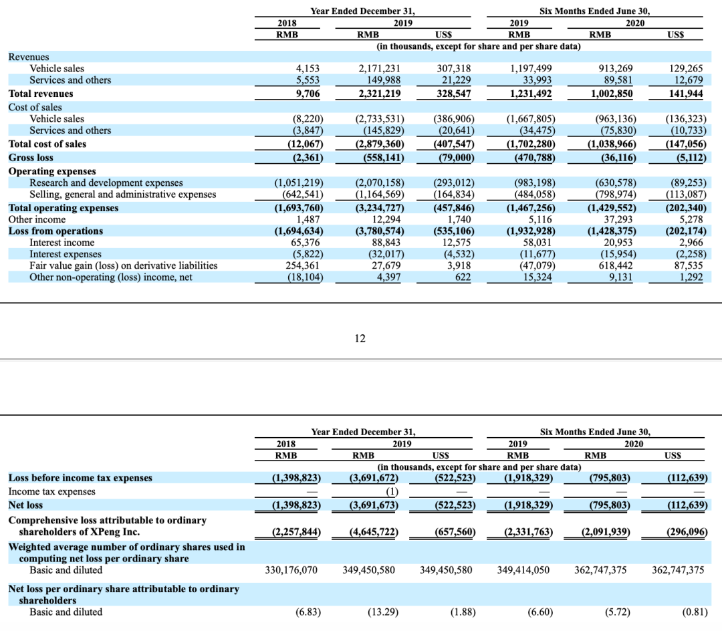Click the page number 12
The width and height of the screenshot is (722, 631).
(360, 338)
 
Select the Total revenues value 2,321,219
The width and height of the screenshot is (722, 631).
(378, 94)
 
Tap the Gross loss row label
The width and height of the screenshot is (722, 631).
(31, 158)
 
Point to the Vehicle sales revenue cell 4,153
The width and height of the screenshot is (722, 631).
(308, 68)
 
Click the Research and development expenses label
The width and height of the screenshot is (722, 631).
(106, 182)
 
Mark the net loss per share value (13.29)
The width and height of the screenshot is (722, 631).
(381, 612)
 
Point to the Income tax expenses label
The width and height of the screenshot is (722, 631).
(51, 491)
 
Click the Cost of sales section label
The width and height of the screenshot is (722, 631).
(35, 107)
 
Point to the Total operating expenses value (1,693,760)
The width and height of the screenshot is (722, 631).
(299, 208)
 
